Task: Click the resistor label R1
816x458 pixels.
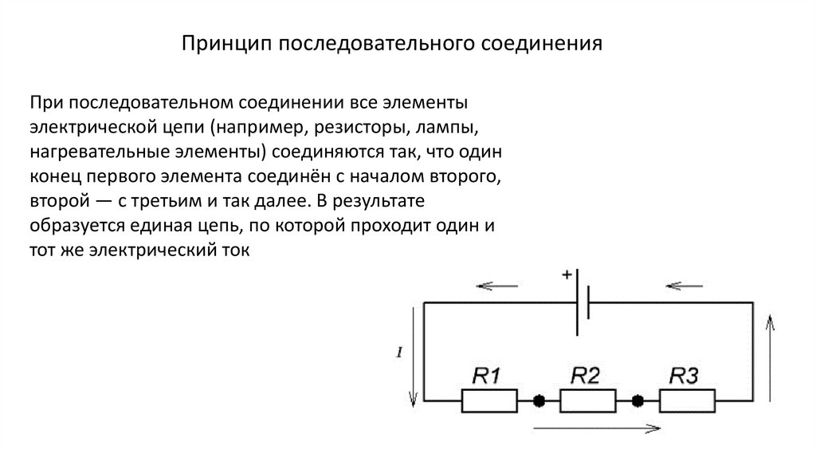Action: pyautogui.click(x=488, y=375)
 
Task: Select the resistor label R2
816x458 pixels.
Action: pyautogui.click(x=585, y=375)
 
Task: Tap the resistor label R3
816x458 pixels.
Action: pyautogui.click(x=685, y=375)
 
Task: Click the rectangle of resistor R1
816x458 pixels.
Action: pyautogui.click(x=488, y=400)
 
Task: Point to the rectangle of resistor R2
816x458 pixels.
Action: pyautogui.click(x=588, y=400)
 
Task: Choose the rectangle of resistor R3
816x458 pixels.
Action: pyautogui.click(x=687, y=400)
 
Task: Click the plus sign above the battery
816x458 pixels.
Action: pyautogui.click(x=567, y=275)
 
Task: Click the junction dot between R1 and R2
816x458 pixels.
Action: pyautogui.click(x=539, y=400)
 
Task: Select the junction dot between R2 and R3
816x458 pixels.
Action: pyautogui.click(x=637, y=400)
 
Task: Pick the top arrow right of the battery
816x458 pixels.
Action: pyautogui.click(x=683, y=285)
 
